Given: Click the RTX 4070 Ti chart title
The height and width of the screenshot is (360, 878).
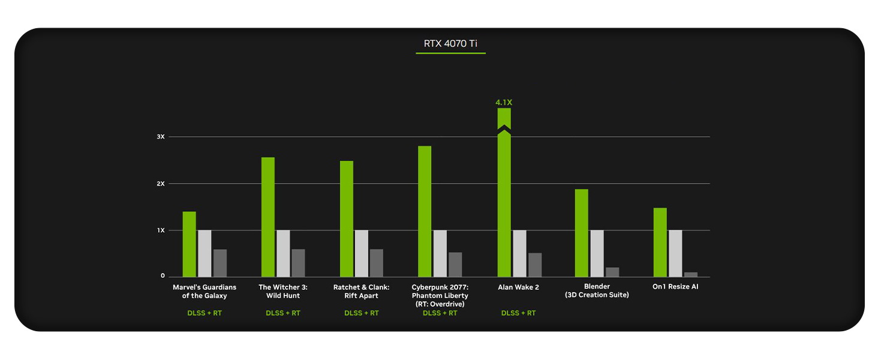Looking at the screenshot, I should tap(450, 44).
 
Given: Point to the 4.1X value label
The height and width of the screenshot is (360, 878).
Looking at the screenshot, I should tap(504, 103).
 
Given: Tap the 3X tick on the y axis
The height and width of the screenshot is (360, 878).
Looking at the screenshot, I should tap(161, 137).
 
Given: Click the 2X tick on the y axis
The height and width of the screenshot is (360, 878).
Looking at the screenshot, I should tap(161, 184).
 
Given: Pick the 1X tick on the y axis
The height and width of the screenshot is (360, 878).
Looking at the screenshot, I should tap(161, 230).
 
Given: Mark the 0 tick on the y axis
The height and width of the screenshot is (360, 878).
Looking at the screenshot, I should tap(163, 276).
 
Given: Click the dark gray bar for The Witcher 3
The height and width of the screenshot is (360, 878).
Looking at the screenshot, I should tap(298, 263).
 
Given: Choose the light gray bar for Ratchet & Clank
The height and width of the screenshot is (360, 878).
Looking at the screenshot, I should tap(362, 253).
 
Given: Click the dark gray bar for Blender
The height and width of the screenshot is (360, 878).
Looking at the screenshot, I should tap(612, 272).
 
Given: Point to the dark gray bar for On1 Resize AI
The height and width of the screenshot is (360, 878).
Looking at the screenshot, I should tap(691, 275).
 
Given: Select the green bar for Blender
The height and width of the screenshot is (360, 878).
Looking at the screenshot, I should tap(581, 233).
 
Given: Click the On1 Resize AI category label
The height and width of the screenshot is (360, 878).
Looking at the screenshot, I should tap(675, 287).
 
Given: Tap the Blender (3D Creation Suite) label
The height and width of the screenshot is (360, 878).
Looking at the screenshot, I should tap(597, 291).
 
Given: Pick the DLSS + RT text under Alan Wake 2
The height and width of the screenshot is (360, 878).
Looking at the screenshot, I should tap(518, 313).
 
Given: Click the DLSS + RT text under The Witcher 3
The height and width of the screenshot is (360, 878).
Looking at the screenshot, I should tap(283, 313).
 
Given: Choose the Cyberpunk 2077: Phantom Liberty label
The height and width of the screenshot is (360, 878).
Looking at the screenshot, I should tap(440, 295).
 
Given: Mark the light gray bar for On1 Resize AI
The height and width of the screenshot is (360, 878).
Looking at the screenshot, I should tap(675, 253).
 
